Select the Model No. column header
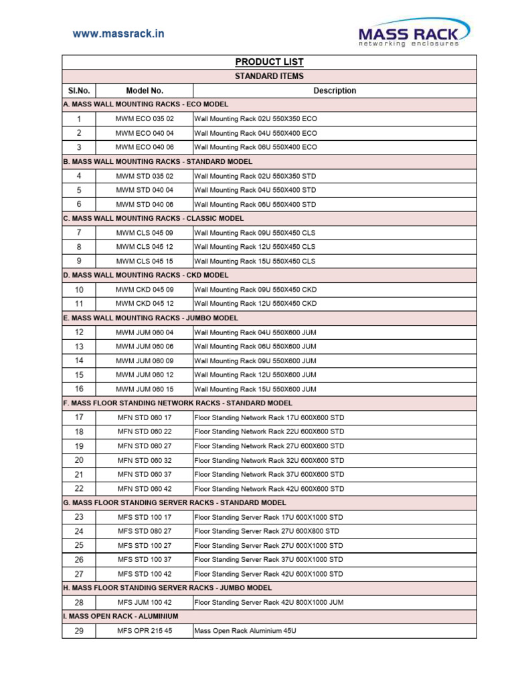click(x=145, y=91)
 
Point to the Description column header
click(x=335, y=91)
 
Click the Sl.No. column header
click(x=79, y=91)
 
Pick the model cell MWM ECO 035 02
click(x=145, y=119)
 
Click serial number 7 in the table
click(x=79, y=233)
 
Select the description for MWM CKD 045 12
click(x=255, y=304)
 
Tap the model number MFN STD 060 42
click(x=145, y=489)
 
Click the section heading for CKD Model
click(x=146, y=275)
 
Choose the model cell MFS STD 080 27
click(x=145, y=531)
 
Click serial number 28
click(x=79, y=602)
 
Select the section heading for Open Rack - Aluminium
click(x=120, y=616)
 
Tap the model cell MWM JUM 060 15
click(x=145, y=389)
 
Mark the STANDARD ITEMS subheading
click(x=269, y=76)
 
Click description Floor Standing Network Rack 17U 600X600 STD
click(x=269, y=417)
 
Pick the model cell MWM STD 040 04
click(x=145, y=190)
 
